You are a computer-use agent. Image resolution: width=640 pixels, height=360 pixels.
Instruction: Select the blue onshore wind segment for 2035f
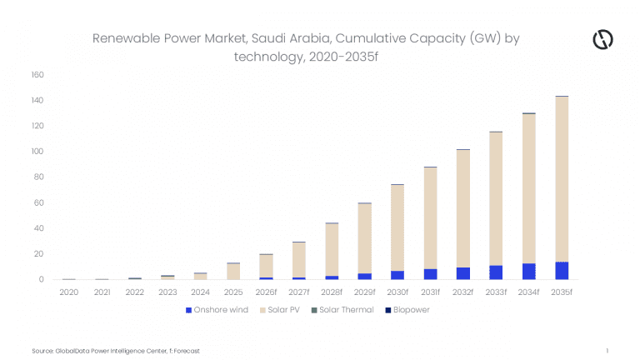562,271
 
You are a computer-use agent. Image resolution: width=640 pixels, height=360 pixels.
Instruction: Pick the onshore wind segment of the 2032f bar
463,273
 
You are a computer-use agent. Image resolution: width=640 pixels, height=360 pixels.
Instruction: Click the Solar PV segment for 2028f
332,250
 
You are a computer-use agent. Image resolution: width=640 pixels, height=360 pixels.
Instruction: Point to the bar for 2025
233,271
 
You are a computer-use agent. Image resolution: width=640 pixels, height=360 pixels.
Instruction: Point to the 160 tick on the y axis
37,75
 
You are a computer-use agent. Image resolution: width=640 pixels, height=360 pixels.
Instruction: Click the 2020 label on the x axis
69,292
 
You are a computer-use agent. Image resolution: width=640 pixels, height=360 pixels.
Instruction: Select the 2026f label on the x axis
266,292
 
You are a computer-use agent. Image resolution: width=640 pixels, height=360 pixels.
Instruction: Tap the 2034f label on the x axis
529,292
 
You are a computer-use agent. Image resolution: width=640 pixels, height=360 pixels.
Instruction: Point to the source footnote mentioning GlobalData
116,351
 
